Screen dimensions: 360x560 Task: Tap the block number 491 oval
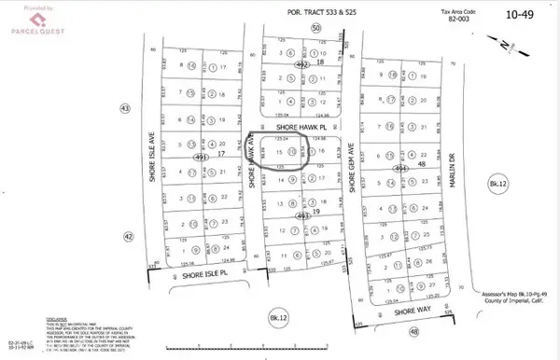201,158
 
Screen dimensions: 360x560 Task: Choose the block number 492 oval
301,67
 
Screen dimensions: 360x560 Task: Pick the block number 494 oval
403,167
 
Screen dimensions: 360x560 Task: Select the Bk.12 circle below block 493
276,315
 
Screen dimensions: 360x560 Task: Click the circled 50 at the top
315,29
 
